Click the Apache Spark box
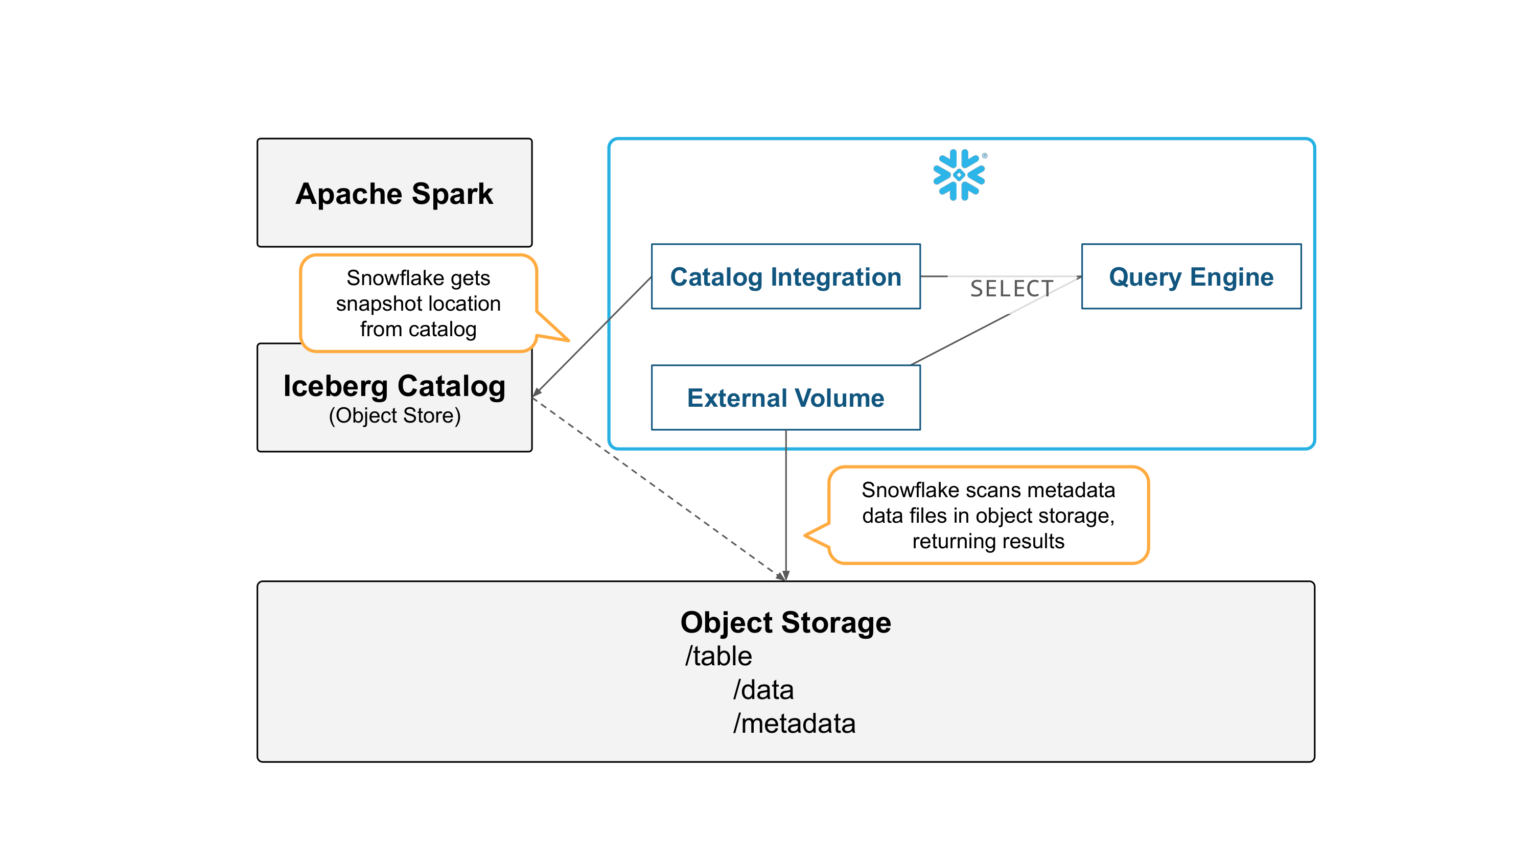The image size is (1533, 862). click(x=394, y=193)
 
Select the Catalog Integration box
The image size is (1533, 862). click(x=785, y=276)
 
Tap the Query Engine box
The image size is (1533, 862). click(x=1191, y=276)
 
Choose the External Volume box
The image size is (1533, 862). click(x=785, y=398)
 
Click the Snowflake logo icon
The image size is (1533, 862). click(x=959, y=175)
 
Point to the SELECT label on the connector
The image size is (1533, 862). click(x=1011, y=289)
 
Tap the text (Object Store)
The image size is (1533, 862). click(x=394, y=415)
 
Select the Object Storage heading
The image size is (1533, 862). click(x=785, y=622)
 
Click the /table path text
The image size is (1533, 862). click(x=718, y=656)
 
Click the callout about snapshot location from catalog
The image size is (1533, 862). click(x=419, y=304)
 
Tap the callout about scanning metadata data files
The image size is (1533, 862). click(x=988, y=515)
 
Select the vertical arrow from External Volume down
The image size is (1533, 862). click(x=786, y=506)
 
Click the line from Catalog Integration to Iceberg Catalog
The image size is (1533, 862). click(x=595, y=334)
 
